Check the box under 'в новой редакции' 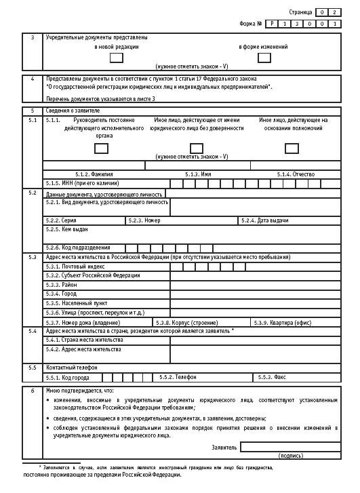(117, 58)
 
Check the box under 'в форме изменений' (263, 58)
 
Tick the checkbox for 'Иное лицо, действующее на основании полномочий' (292, 148)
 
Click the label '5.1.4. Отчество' (296, 174)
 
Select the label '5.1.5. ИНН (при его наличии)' (82, 183)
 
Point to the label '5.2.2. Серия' (61, 220)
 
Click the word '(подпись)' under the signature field (291, 456)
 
